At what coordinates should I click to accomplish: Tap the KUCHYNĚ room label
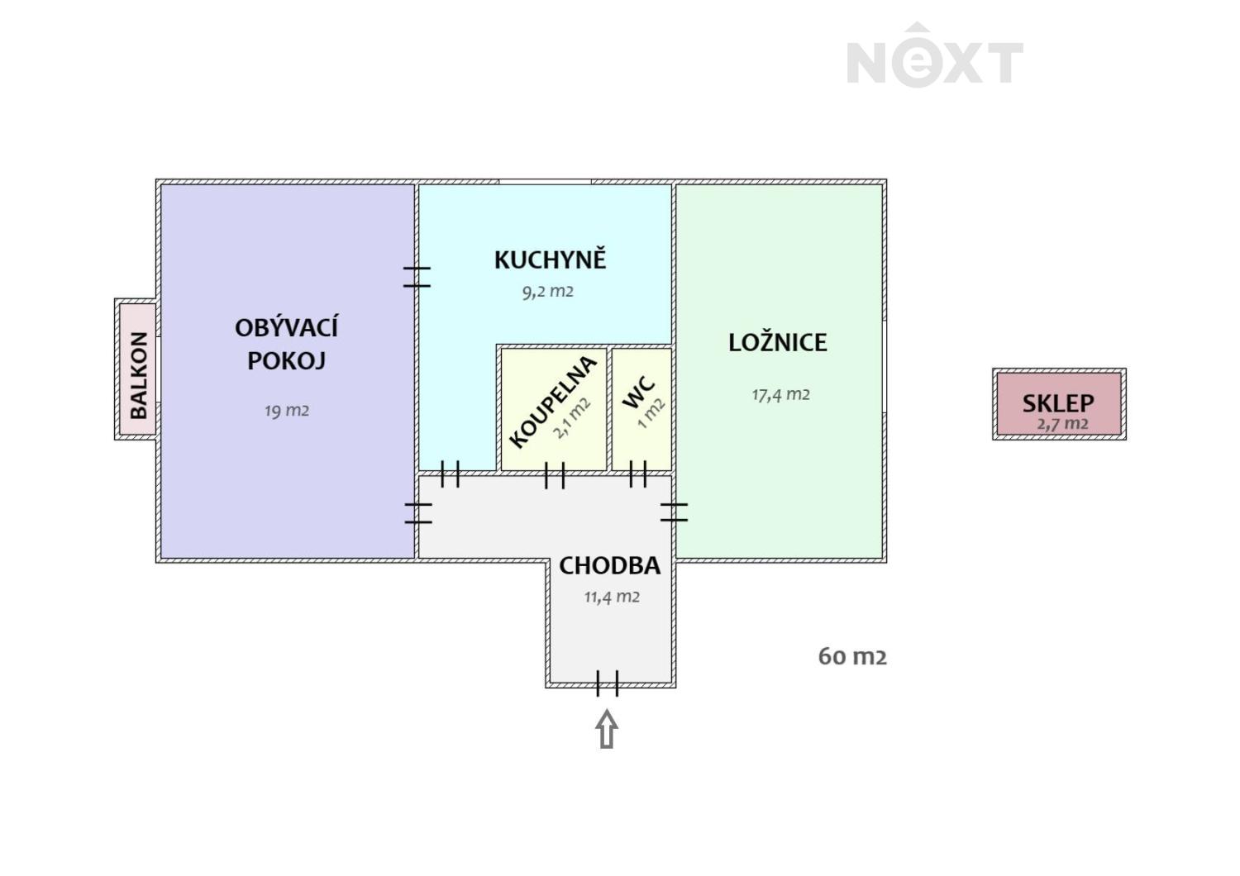tap(551, 259)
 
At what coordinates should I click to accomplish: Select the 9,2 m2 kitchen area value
tap(547, 291)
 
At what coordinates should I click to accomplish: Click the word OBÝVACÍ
tap(286, 328)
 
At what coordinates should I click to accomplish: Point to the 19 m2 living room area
tap(286, 410)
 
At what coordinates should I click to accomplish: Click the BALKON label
tap(138, 374)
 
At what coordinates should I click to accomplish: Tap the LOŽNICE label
tap(777, 342)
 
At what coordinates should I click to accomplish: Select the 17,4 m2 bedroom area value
tap(780, 394)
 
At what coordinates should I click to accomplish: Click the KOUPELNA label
tap(552, 402)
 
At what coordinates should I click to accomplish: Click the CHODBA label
tap(609, 566)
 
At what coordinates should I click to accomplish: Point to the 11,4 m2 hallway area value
tap(612, 597)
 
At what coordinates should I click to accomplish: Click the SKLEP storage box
tap(1058, 403)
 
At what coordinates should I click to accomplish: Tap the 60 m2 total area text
tap(852, 656)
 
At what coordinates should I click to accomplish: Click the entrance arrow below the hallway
tap(607, 729)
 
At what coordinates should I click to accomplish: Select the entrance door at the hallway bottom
tap(607, 683)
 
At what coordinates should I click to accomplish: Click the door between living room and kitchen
tap(417, 277)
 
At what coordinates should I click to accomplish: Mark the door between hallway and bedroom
tap(675, 512)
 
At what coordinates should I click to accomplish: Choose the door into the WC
tap(637, 474)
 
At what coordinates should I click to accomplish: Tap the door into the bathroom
tap(555, 475)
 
